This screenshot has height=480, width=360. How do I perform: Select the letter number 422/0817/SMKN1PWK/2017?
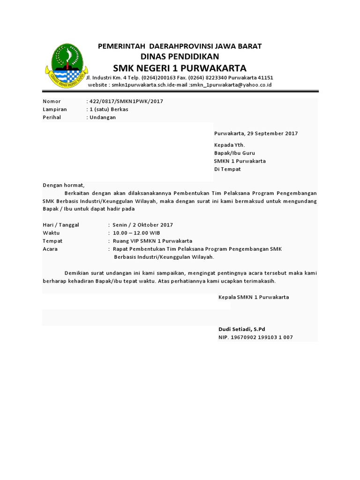127,101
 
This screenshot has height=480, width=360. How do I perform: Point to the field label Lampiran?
55,109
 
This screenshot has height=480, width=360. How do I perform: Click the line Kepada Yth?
229,145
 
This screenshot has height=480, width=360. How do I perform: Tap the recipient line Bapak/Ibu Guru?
234,153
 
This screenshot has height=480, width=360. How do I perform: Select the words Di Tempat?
227,169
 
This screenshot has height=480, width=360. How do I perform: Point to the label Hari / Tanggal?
61,225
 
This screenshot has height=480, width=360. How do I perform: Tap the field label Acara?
50,249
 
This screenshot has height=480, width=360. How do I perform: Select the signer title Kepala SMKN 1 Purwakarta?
254,297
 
